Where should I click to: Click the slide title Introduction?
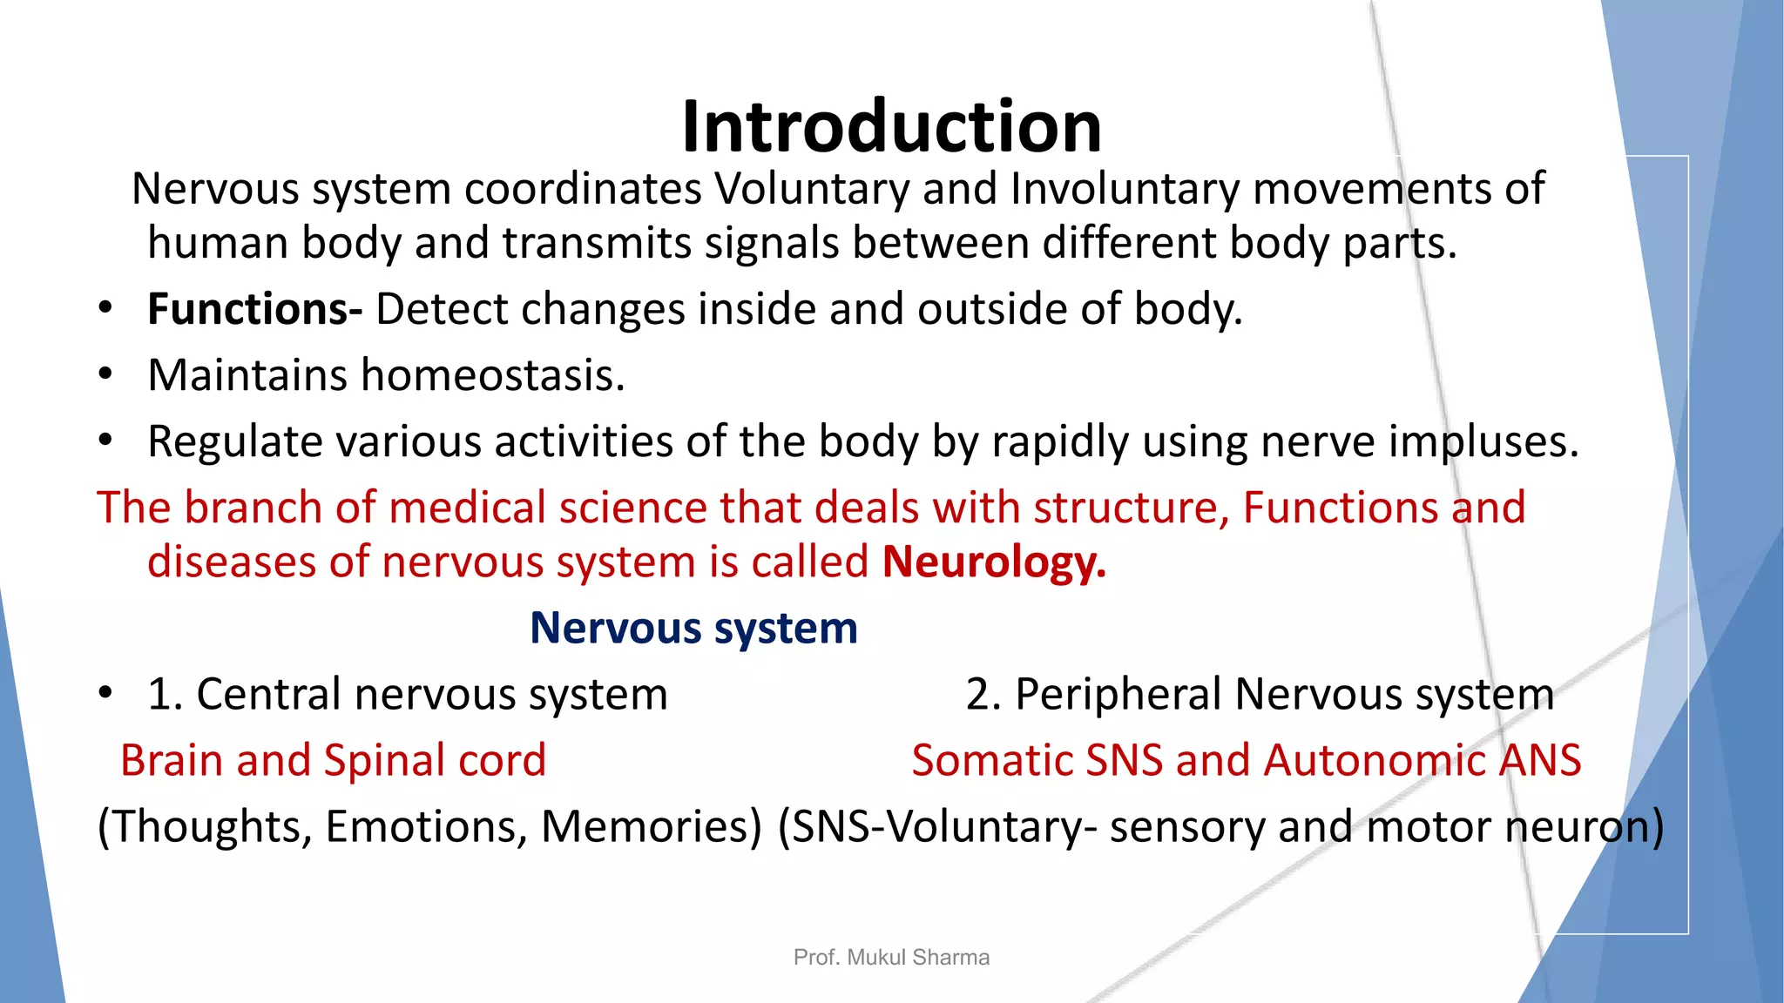pos(891,127)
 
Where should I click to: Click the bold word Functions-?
pos(254,309)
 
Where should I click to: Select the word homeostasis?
pos(493,375)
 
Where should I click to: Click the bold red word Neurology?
pos(994,562)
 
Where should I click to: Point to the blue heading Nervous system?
pos(693,628)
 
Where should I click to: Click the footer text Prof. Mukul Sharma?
pos(891,958)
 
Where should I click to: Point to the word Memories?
pos(650,826)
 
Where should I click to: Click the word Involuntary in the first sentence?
pos(1125,189)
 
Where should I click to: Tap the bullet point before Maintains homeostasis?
pos(105,374)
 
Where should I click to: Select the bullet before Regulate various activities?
pos(105,441)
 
